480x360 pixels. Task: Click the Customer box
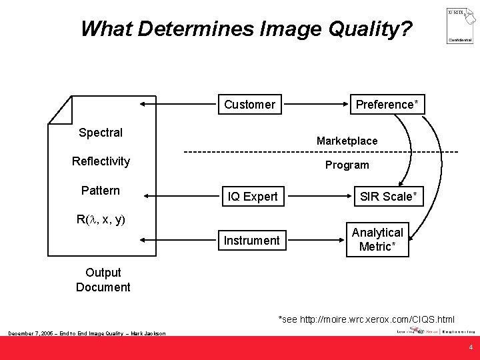(x=249, y=105)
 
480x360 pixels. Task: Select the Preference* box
(x=387, y=105)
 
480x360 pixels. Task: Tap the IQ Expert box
(x=253, y=196)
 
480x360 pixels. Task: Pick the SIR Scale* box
(x=388, y=196)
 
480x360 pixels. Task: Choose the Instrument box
(x=253, y=240)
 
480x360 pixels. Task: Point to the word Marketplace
(x=347, y=141)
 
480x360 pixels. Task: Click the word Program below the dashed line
(x=347, y=165)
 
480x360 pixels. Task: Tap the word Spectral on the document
(x=101, y=132)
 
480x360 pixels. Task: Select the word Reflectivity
(x=101, y=161)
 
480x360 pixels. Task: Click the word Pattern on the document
(x=101, y=191)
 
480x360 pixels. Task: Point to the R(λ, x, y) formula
(x=101, y=219)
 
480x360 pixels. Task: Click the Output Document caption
(x=103, y=280)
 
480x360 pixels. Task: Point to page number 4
(x=471, y=347)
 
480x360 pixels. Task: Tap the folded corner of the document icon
(x=62, y=110)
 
